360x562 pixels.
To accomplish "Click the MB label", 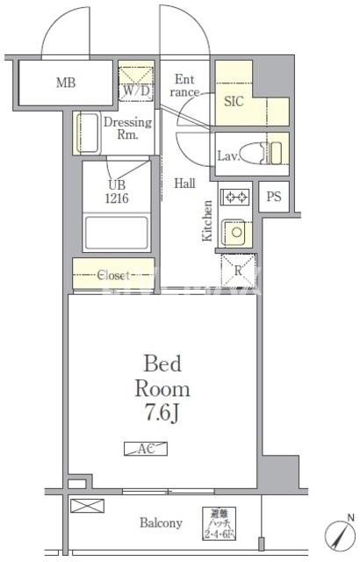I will (x=64, y=84).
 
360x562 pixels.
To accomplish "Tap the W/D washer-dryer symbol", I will (x=135, y=81).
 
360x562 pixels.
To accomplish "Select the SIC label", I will (x=234, y=101).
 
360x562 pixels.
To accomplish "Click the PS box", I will (x=274, y=197).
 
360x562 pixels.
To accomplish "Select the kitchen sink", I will (x=235, y=232).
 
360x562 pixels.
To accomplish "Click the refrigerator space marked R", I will (x=236, y=269).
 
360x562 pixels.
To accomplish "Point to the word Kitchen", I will (x=207, y=220).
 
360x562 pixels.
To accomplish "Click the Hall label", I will (x=184, y=184).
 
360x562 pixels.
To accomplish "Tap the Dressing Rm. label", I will (x=128, y=129).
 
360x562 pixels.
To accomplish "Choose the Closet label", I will (x=113, y=274).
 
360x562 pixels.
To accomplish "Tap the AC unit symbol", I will (x=146, y=449).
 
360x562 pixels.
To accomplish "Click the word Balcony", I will (x=161, y=523).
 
